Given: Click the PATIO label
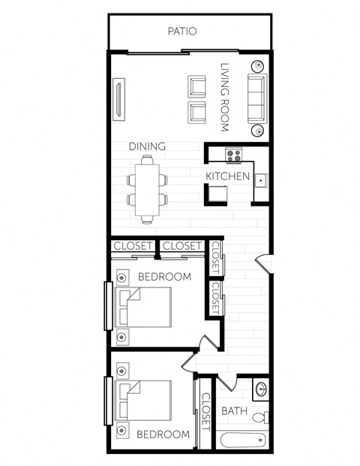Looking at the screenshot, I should tap(181, 32).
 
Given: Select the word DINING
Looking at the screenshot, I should tap(146, 146).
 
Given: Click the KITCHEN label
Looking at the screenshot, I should tap(228, 176).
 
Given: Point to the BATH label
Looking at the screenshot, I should tap(234, 411).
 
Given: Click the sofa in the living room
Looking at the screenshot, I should tap(256, 98).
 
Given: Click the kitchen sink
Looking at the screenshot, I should tap(259, 180).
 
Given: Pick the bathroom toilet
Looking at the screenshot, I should tap(259, 416).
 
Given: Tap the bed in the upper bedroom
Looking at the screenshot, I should tap(146, 309).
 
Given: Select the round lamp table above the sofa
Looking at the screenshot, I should tap(257, 65).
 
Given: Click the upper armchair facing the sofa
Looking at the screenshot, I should tap(196, 86).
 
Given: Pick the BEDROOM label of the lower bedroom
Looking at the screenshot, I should tap(163, 434).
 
